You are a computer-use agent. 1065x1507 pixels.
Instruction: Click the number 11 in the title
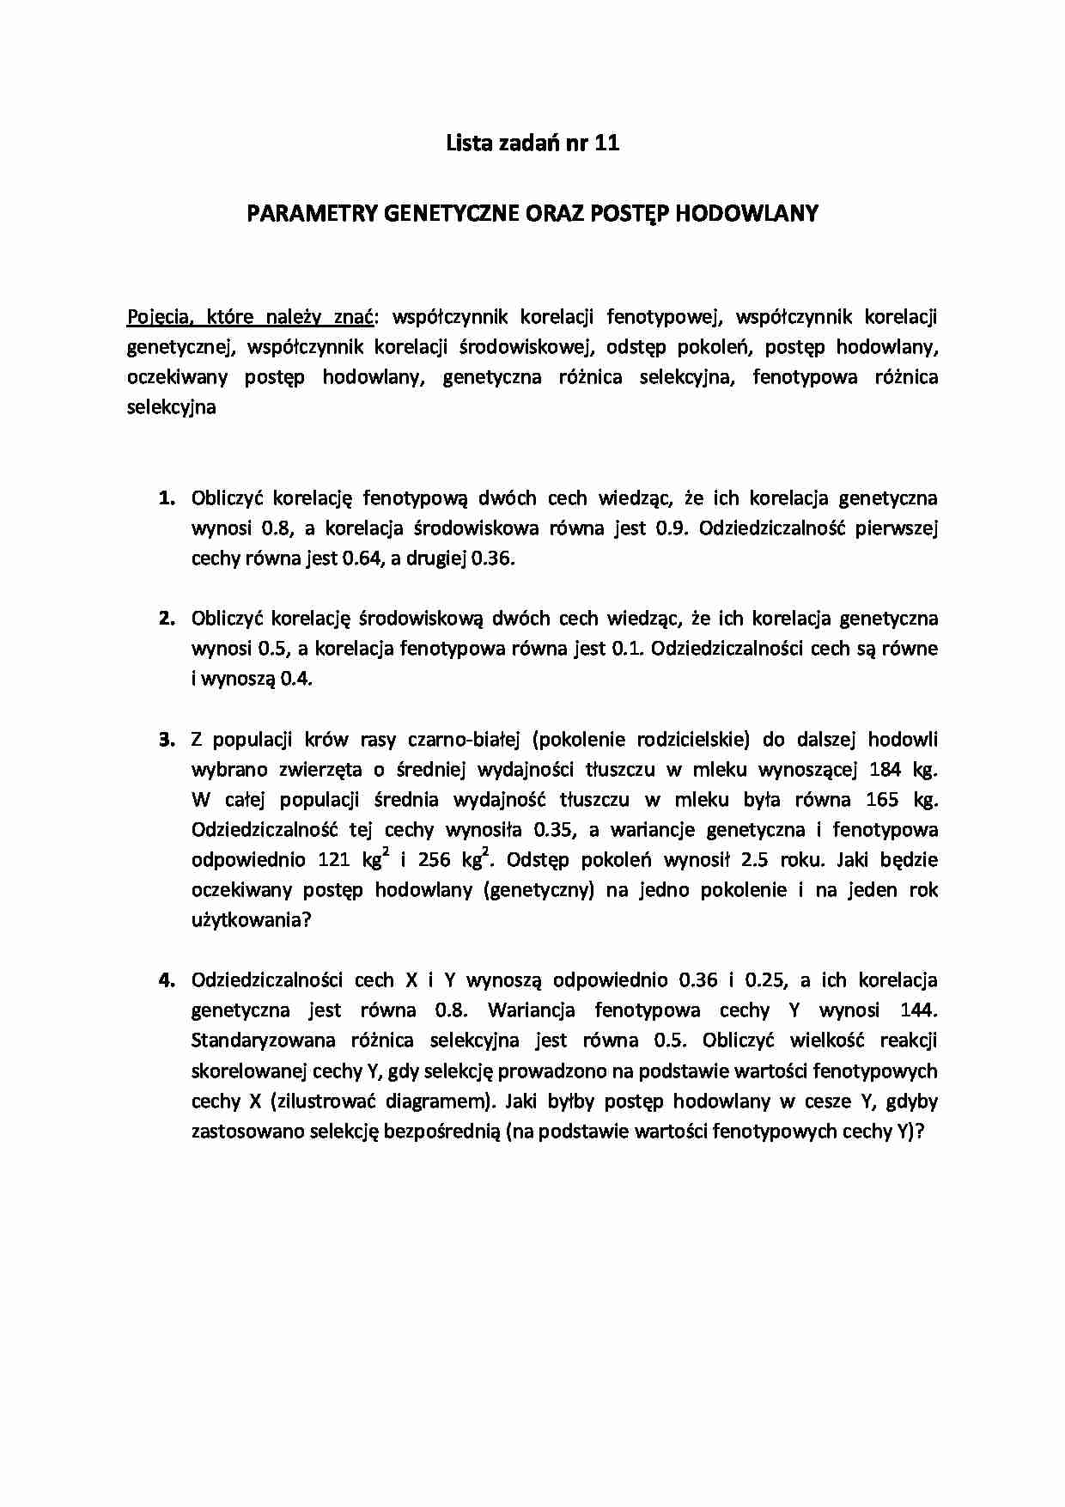coord(606,143)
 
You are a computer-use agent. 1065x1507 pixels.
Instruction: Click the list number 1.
coord(166,498)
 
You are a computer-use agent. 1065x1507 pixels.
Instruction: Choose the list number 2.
coord(166,619)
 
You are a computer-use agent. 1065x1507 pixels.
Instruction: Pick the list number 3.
coord(166,740)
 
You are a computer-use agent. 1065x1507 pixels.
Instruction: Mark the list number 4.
coord(166,980)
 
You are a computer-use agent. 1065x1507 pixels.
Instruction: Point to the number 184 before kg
coord(885,770)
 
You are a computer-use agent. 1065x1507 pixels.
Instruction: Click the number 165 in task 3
coord(882,800)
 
